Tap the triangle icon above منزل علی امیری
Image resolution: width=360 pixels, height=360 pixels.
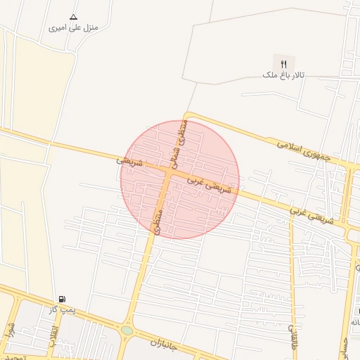pyautogui.click(x=74, y=16)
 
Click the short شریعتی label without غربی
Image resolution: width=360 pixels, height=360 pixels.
pyautogui.click(x=129, y=162)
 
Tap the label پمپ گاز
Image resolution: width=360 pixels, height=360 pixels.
pyautogui.click(x=62, y=309)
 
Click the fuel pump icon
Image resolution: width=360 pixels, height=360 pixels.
pyautogui.click(x=63, y=299)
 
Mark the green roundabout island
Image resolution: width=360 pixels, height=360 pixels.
pyautogui.click(x=127, y=330)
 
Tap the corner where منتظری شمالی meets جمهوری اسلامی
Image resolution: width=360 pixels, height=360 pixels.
pyautogui.click(x=186, y=115)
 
